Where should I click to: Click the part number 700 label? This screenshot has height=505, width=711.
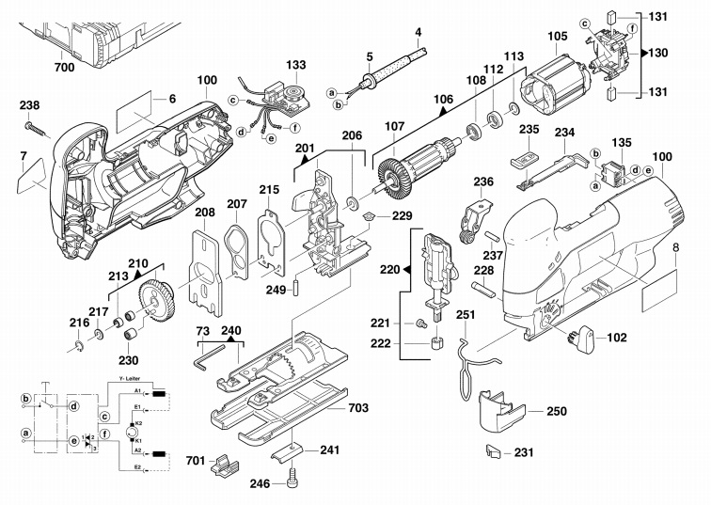pos(64,68)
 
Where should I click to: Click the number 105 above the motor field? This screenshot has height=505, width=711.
pos(558,36)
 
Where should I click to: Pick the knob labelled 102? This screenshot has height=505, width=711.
pos(582,339)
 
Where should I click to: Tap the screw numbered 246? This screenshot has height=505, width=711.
pos(292,479)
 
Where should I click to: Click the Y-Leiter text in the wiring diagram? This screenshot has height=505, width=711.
pos(130,379)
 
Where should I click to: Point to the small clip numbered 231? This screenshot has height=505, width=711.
pos(493,451)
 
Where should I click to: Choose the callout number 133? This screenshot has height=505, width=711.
pos(295,65)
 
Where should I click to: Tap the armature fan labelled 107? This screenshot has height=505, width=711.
pos(390,177)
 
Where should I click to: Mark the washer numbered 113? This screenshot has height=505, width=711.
pos(514,108)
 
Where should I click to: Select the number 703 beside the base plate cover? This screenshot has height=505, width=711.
pos(357,408)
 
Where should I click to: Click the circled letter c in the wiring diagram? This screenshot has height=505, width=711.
pos(104,416)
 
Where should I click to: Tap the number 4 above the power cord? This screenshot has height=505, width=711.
pos(418,32)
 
